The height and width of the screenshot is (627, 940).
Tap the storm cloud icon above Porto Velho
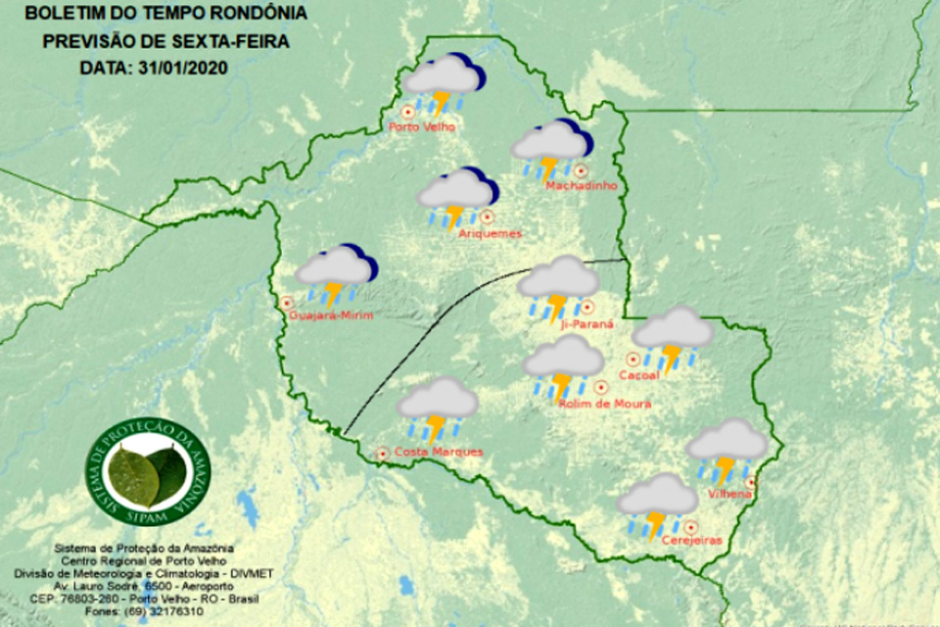click(x=445, y=83)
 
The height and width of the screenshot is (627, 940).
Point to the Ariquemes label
click(x=490, y=234)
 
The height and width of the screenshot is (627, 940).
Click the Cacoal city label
click(x=641, y=374)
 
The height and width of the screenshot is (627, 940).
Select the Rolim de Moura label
click(x=604, y=403)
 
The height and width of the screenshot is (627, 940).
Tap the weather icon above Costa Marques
click(x=438, y=408)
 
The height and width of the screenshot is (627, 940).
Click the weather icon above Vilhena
click(x=726, y=449)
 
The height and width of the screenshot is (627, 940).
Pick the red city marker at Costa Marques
click(x=382, y=453)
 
